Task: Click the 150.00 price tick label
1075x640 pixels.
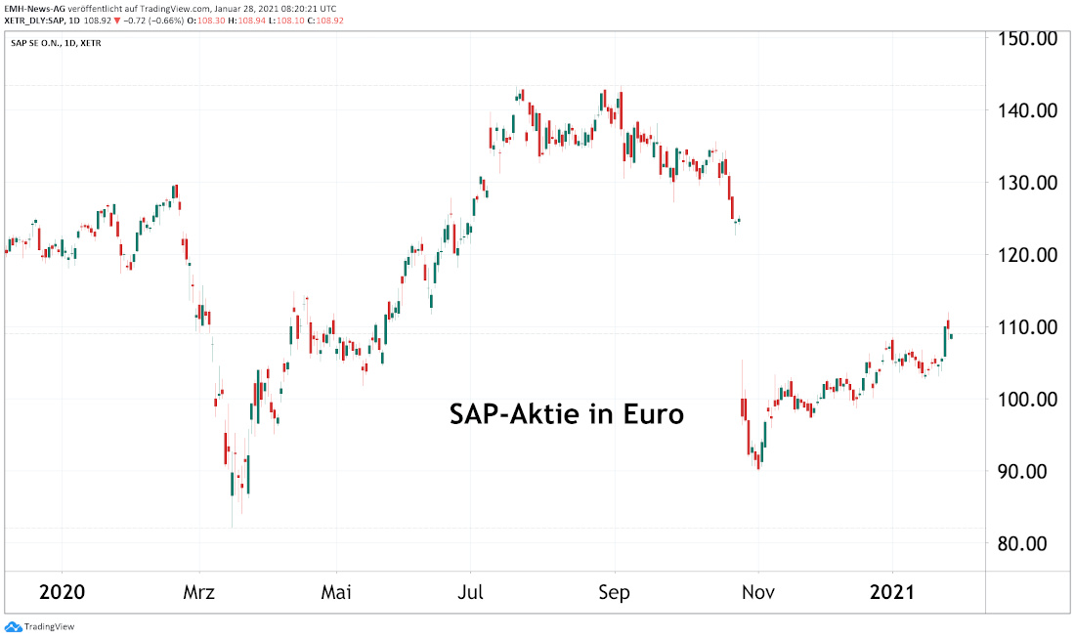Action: click(x=1027, y=38)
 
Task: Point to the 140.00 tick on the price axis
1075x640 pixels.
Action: click(x=1027, y=110)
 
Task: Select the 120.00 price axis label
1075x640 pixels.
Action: click(x=1027, y=255)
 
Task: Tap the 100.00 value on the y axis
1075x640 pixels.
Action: click(x=1027, y=400)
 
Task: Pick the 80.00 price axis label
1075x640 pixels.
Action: click(x=1027, y=544)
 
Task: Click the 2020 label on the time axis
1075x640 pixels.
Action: click(x=61, y=593)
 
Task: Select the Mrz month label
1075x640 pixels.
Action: click(x=198, y=593)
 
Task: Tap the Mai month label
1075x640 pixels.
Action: click(x=336, y=593)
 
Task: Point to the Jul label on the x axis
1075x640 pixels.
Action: click(x=471, y=593)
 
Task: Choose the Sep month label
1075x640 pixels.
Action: click(x=615, y=593)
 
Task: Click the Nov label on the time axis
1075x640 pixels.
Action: click(x=758, y=593)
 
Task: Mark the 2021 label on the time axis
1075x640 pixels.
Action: click(x=893, y=593)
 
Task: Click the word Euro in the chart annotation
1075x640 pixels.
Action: click(x=654, y=414)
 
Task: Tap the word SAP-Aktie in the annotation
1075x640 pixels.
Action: click(x=519, y=414)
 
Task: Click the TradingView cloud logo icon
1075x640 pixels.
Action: click(x=13, y=626)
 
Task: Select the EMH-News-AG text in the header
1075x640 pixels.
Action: click(x=34, y=7)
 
